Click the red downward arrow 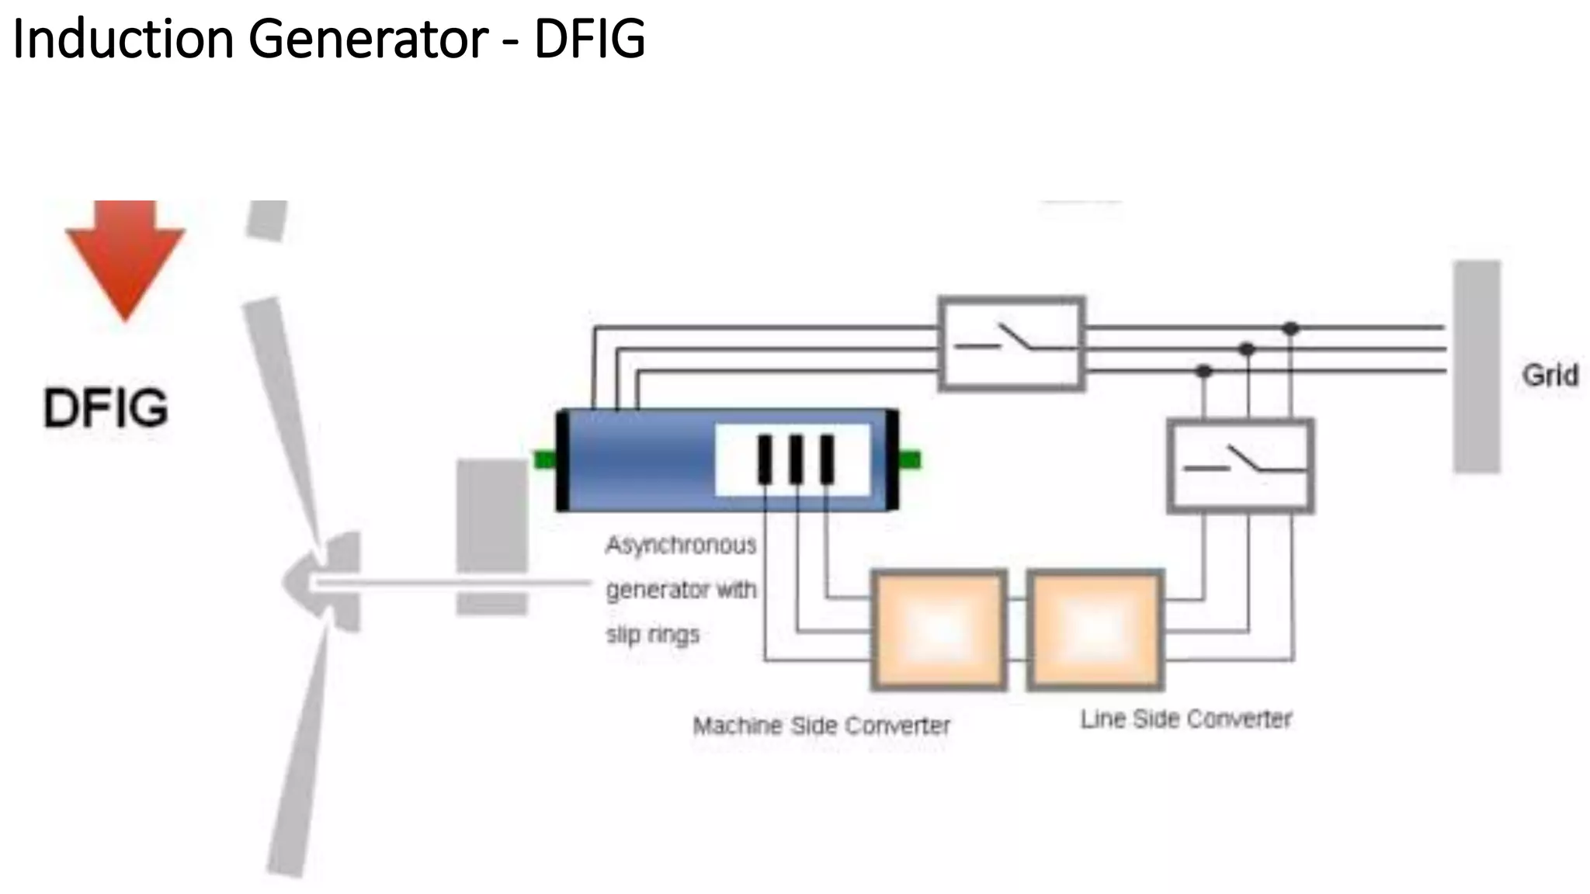pos(125,256)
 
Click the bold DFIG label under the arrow pos(106,408)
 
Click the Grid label pos(1550,376)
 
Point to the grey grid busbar pos(1477,366)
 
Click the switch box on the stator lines pos(1011,342)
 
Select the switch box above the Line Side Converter pos(1241,466)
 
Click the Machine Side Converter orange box pos(939,630)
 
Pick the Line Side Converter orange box pos(1095,630)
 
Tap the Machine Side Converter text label pos(821,726)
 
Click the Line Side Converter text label pos(1186,719)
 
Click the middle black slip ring pos(796,459)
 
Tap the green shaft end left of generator pos(545,459)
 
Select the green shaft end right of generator pos(909,460)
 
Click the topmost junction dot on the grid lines pos(1290,329)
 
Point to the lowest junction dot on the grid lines pos(1204,372)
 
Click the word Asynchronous pos(681,545)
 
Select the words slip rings pos(652,635)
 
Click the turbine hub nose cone pos(299,582)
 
